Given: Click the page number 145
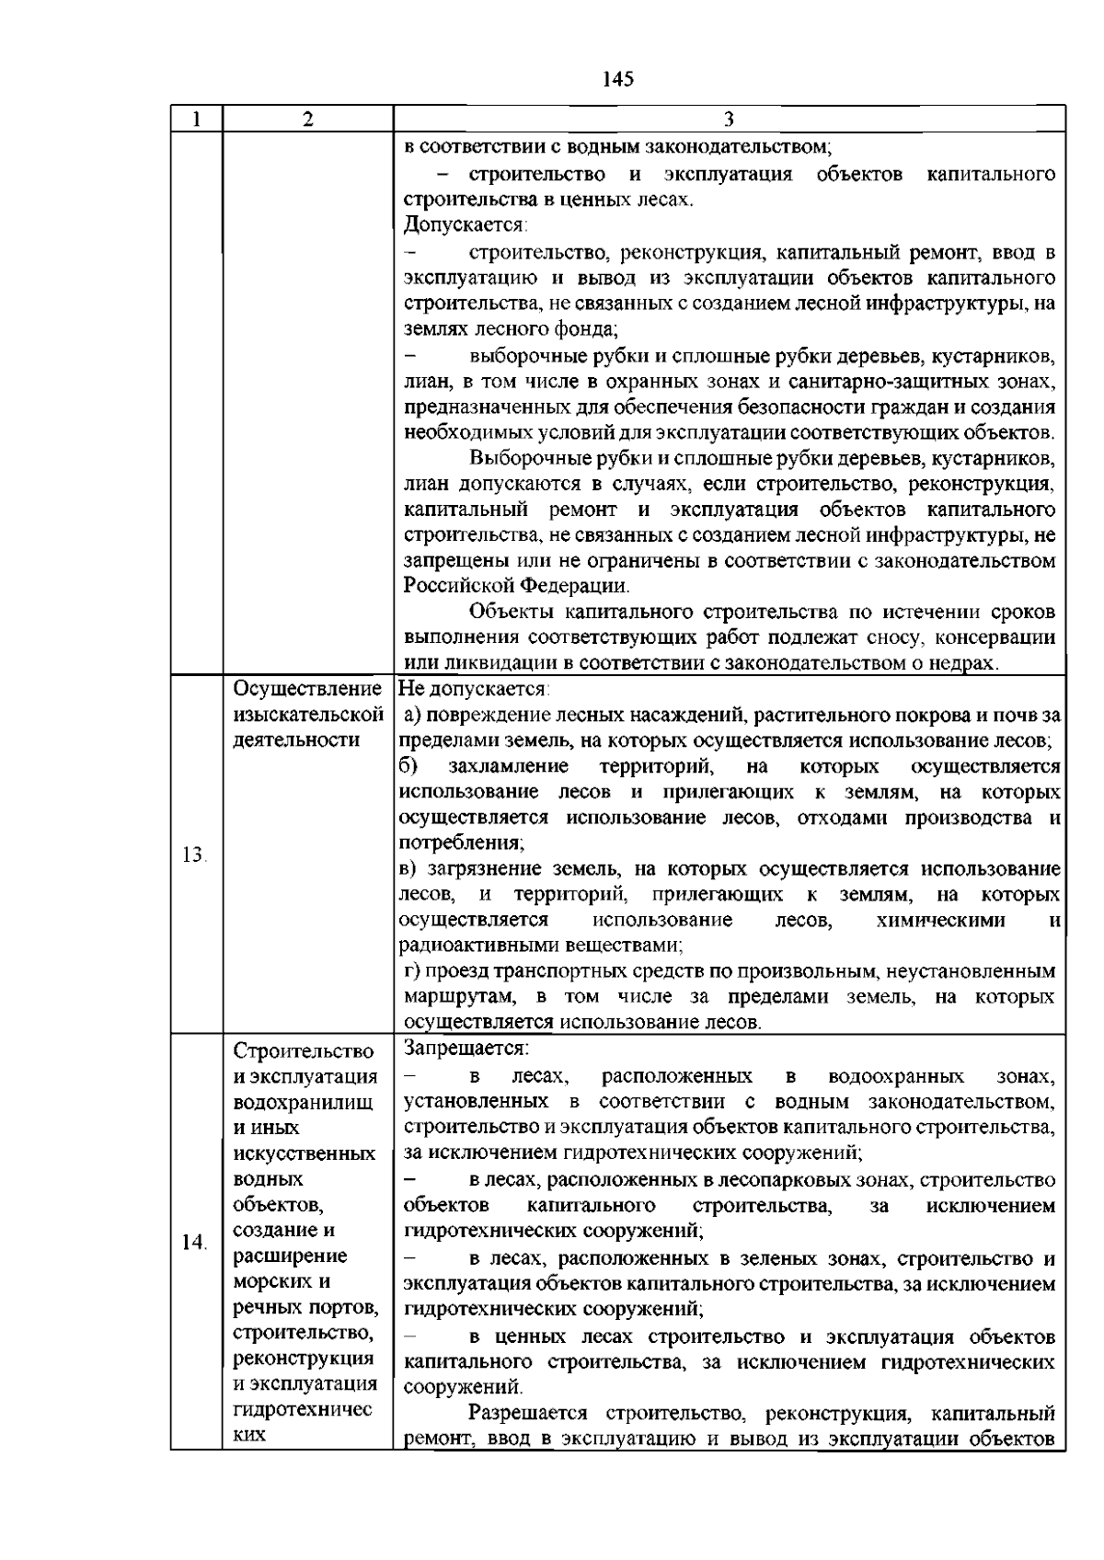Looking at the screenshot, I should [618, 79].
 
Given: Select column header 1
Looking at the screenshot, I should [195, 119].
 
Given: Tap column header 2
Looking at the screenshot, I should [307, 119].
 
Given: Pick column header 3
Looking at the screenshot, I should [728, 119].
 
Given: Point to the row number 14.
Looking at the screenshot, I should [194, 1243].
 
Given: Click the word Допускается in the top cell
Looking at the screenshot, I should [463, 224].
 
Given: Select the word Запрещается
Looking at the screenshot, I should [466, 1049].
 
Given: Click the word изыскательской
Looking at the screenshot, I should [307, 715].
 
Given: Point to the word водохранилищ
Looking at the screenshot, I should [304, 1103].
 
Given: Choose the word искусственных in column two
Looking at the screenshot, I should [305, 1153].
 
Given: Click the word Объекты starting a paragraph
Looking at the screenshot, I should [511, 612].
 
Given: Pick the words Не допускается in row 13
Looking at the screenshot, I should [473, 688].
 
